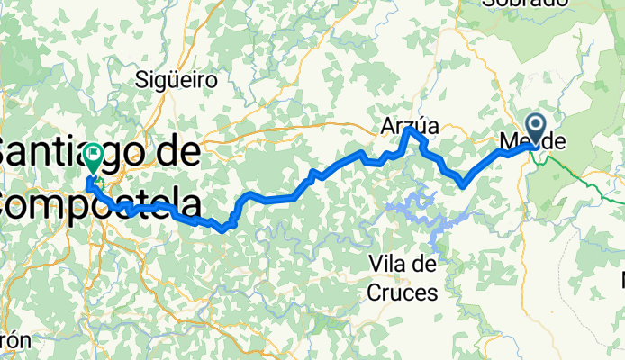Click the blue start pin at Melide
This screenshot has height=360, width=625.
click(535, 127)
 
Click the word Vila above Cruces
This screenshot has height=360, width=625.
click(403, 264)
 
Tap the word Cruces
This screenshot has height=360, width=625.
click(403, 292)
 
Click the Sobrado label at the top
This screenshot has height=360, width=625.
click(524, 4)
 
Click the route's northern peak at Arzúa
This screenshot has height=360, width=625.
click(410, 131)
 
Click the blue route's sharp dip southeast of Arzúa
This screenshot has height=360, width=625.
click(461, 184)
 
